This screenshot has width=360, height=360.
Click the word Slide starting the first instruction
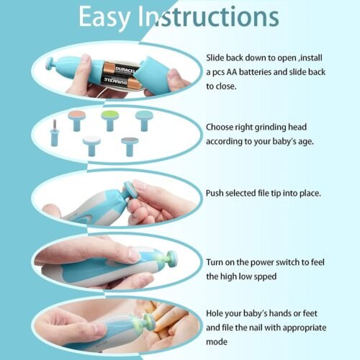218,57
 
